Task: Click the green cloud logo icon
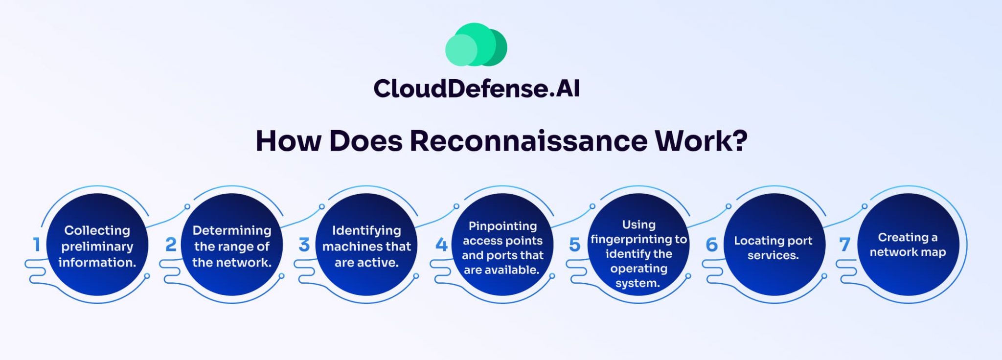(x=476, y=45)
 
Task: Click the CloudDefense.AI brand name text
(x=476, y=89)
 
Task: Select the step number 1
(x=36, y=245)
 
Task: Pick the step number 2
(x=171, y=245)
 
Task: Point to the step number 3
(x=304, y=245)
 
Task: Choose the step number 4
(x=441, y=245)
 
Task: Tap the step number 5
(x=575, y=245)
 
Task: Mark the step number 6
(x=712, y=245)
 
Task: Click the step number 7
(x=845, y=245)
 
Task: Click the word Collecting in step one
(x=97, y=230)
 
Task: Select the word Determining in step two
(x=231, y=230)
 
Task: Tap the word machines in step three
(x=346, y=247)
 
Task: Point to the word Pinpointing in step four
(x=502, y=226)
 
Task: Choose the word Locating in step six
(x=753, y=241)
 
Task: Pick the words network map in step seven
(x=908, y=252)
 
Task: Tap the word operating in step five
(x=638, y=269)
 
